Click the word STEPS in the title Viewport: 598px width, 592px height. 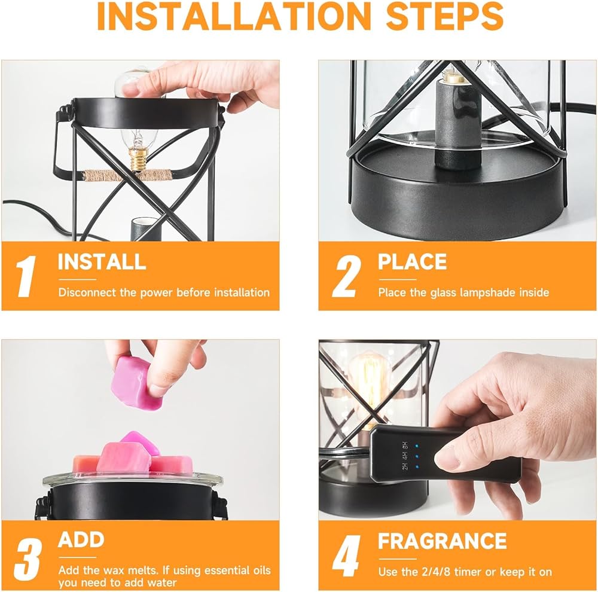[x=445, y=16]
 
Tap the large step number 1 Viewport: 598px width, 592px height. [x=26, y=276]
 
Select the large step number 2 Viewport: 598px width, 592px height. [x=346, y=276]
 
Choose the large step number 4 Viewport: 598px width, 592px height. [x=346, y=556]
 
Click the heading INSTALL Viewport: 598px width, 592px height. [x=102, y=262]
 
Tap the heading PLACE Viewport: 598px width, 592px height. [x=412, y=262]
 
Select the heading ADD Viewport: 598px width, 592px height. [x=81, y=539]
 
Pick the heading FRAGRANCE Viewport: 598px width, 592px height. [x=443, y=541]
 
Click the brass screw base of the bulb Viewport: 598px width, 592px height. [x=139, y=160]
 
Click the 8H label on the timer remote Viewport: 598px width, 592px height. [x=405, y=445]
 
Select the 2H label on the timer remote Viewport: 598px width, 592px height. [x=405, y=466]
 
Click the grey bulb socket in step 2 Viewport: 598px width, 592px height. [x=457, y=124]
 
